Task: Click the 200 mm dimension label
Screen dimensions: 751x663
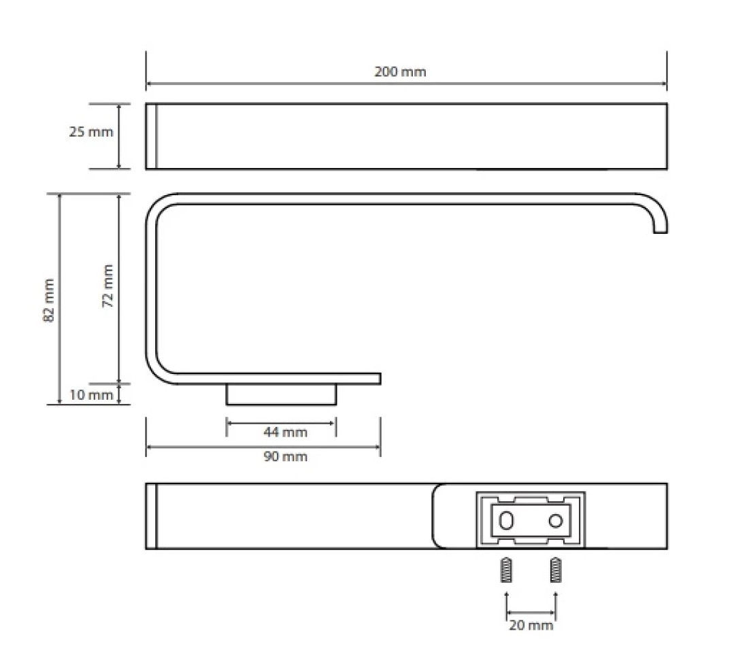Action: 400,72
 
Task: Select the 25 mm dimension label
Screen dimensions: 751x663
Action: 91,132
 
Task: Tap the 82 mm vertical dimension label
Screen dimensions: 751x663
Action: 49,300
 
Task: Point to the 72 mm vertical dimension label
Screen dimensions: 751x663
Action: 108,286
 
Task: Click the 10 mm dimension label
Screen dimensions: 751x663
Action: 91,395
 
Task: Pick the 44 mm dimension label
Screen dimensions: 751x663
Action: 285,432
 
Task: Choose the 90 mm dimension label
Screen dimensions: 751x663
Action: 285,456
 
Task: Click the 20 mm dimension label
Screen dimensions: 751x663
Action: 531,625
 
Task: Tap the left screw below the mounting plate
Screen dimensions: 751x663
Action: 506,570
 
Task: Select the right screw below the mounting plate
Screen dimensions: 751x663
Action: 556,570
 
